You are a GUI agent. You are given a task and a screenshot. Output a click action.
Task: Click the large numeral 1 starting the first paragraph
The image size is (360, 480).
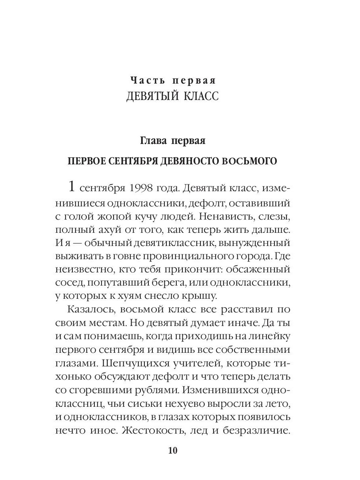click(72, 187)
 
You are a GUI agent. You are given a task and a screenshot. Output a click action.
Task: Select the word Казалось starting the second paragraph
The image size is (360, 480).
click(88, 311)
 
